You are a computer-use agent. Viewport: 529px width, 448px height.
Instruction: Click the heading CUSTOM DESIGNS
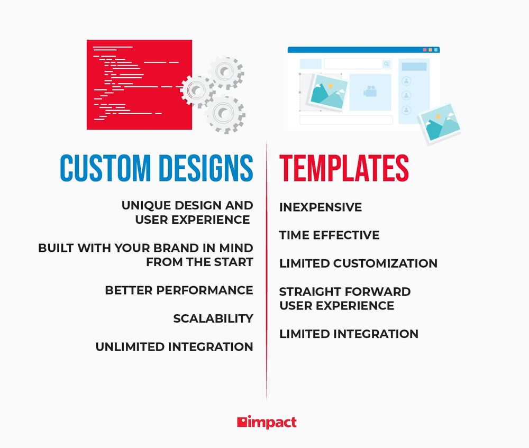[x=157, y=169]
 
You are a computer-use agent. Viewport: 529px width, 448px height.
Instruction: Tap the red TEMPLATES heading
[x=344, y=169]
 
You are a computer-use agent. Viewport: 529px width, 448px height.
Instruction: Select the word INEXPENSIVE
[x=321, y=207]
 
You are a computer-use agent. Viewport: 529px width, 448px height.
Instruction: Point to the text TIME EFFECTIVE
[x=329, y=235]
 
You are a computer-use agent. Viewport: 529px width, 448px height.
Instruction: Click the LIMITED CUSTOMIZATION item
[x=358, y=263]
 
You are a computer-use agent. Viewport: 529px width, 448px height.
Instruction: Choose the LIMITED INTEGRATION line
[x=349, y=334]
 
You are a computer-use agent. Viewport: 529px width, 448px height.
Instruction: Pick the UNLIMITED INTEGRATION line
[x=174, y=347]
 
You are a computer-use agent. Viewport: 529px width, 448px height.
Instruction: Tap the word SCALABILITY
[x=213, y=319]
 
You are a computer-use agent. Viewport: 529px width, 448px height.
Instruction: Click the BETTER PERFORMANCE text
[x=179, y=290]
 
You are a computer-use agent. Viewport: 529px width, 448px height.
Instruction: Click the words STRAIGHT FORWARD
[x=344, y=292]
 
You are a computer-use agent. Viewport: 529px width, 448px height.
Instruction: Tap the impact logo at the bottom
[x=267, y=422]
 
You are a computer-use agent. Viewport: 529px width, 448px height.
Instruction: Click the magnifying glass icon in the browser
[x=387, y=64]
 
